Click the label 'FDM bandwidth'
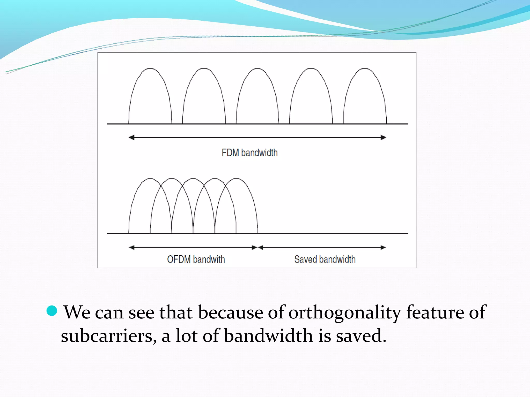tap(249, 153)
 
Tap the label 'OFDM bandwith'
tap(196, 259)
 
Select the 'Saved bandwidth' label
tap(325, 259)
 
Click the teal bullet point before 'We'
tap(52, 311)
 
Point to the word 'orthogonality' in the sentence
tap(344, 313)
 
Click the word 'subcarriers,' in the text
tap(109, 336)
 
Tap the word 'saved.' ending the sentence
tap(361, 336)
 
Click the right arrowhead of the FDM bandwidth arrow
tap(384, 138)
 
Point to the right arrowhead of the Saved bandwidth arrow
tap(384, 248)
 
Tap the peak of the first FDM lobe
tap(150, 69)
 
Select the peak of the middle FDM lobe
tap(257, 69)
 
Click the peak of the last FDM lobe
tap(365, 69)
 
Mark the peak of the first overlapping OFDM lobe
tap(150, 178)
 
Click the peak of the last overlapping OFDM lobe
tap(236, 178)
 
